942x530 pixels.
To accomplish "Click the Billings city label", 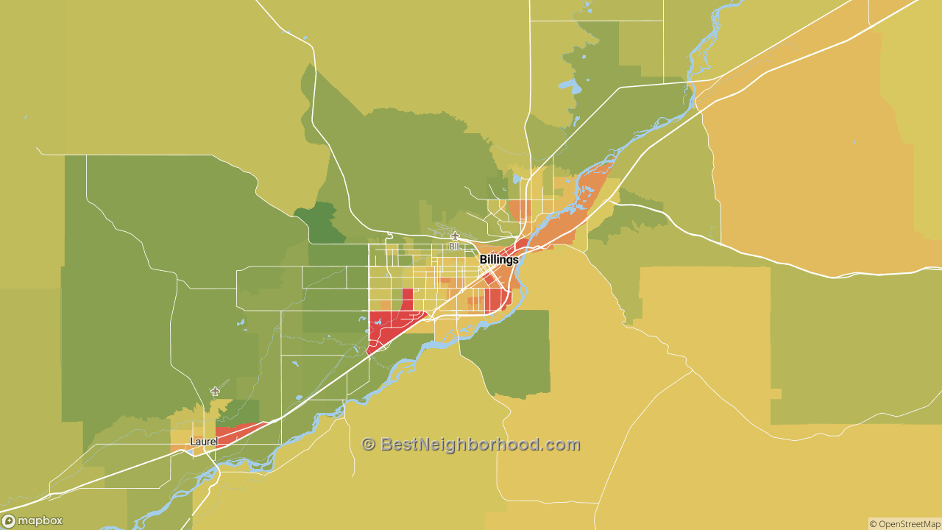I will point(499,260).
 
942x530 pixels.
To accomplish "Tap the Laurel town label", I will point(203,442).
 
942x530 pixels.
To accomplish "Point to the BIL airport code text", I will point(455,247).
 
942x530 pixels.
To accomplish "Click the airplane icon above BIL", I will point(455,236).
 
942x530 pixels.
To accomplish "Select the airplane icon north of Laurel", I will point(215,391).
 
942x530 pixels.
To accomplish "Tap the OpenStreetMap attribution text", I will point(904,524).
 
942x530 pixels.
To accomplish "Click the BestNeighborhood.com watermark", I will point(471,445).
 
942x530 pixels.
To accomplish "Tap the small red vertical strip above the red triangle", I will point(407,300).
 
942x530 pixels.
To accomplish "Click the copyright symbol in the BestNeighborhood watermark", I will point(369,445).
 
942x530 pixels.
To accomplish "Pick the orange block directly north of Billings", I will point(520,211).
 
